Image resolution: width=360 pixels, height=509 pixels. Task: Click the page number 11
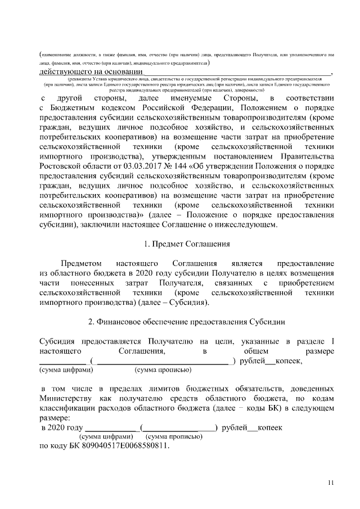pos(331,483)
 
